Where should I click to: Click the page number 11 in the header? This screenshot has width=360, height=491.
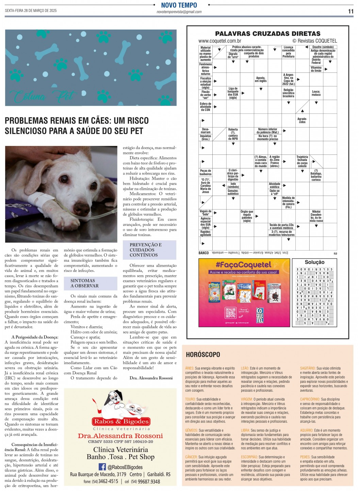point(350,11)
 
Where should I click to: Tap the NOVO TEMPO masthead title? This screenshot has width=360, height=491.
point(179,5)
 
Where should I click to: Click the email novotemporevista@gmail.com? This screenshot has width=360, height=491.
point(179,12)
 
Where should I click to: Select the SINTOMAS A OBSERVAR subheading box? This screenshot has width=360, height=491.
point(91,283)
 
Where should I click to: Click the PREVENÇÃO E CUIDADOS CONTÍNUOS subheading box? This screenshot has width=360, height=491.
point(149,250)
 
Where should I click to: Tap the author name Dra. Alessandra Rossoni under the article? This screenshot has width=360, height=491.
point(151,378)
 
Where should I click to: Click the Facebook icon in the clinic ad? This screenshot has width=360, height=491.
point(102,467)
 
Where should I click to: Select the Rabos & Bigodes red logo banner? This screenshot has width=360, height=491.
point(121,422)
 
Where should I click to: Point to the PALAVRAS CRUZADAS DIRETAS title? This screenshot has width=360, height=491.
point(267,33)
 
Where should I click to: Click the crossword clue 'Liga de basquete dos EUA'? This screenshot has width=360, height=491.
point(233,93)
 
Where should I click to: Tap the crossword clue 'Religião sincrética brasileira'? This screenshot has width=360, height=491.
point(288,93)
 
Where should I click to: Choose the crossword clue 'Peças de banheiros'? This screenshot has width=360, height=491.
point(206,172)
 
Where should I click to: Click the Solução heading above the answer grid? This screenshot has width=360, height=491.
point(314,262)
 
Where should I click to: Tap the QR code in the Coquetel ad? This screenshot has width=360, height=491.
point(230,313)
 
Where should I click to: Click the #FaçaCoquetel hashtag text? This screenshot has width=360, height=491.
point(243,265)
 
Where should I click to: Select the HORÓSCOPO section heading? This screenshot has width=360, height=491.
point(203,355)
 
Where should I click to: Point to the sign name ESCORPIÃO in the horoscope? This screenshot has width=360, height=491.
point(249,457)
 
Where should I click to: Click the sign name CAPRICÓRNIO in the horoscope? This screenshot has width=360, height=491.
point(310,399)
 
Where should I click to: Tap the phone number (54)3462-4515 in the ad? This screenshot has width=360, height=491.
point(105,481)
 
